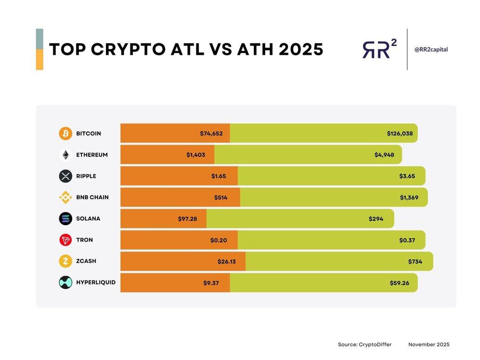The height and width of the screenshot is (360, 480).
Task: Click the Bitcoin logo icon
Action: pyautogui.click(x=66, y=133)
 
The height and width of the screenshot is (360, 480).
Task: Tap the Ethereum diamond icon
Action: pyautogui.click(x=66, y=155)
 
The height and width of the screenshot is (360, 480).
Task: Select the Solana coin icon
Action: pyautogui.click(x=66, y=219)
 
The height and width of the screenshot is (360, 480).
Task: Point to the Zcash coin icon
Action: pyautogui.click(x=66, y=261)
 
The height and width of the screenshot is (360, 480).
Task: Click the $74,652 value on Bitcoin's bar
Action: pyautogui.click(x=212, y=133)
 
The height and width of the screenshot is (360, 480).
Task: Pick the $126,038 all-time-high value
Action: pyautogui.click(x=400, y=133)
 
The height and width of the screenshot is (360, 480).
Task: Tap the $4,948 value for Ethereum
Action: pyautogui.click(x=384, y=155)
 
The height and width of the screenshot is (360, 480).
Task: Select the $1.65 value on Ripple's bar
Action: pyautogui.click(x=219, y=176)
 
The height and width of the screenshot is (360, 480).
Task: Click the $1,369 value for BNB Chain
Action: pyautogui.click(x=409, y=198)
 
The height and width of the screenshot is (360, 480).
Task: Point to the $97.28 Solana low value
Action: pyautogui.click(x=187, y=219)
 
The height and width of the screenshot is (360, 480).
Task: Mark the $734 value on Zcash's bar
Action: pyautogui.click(x=415, y=261)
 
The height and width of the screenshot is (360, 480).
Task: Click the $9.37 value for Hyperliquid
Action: pyautogui.click(x=211, y=283)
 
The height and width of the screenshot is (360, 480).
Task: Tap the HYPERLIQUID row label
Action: pyautogui.click(x=96, y=282)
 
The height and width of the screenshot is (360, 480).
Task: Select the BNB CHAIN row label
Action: pyautogui.click(x=92, y=197)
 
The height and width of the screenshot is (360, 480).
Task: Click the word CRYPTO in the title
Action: pyautogui.click(x=147, y=50)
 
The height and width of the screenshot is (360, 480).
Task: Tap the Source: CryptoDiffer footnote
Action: pyautogui.click(x=365, y=345)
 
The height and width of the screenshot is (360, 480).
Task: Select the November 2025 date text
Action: pyautogui.click(x=429, y=345)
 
